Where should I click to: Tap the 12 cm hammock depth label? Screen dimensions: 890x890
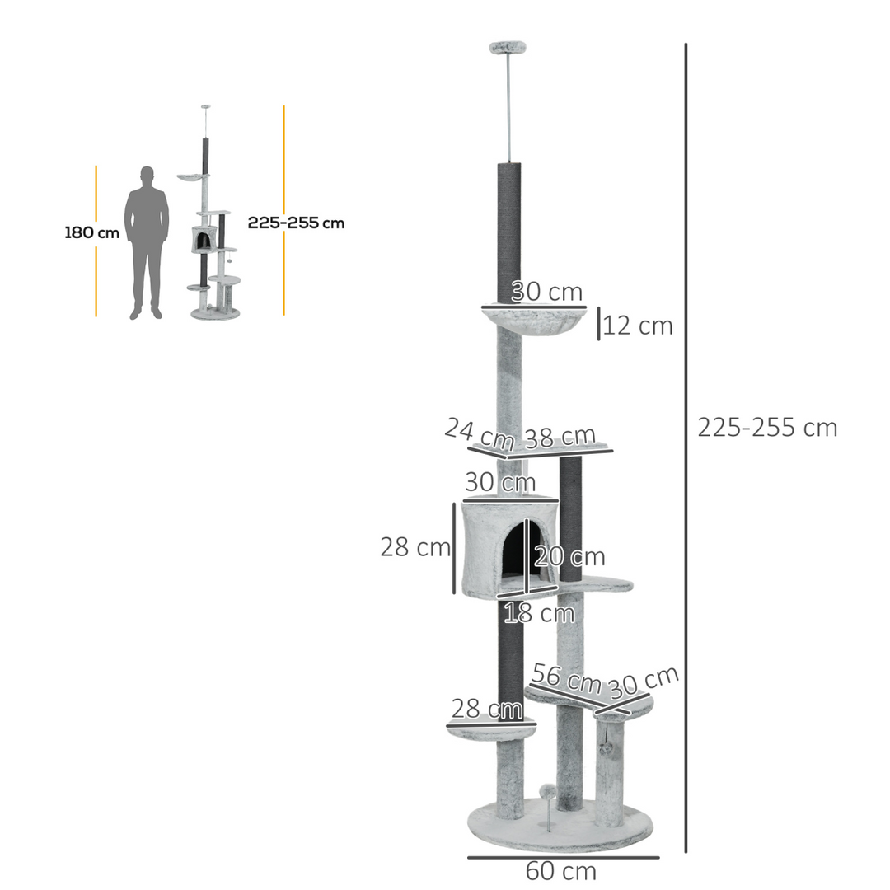(638, 326)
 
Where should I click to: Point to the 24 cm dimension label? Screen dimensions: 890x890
(479, 432)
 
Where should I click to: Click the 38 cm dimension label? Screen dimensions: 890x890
(560, 438)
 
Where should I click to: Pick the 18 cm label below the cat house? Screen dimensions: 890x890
(539, 613)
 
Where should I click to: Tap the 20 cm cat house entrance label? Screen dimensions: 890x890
(569, 557)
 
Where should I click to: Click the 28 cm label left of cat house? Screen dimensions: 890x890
(415, 546)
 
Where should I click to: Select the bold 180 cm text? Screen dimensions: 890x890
(91, 233)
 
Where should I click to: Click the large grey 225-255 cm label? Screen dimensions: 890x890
(766, 428)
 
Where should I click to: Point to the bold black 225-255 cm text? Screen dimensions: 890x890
(296, 222)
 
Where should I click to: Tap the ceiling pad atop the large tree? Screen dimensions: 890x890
(508, 49)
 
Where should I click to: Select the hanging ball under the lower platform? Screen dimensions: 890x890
(606, 749)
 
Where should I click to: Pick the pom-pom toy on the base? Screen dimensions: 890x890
(547, 793)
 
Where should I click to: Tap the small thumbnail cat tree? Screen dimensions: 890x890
(211, 239)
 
